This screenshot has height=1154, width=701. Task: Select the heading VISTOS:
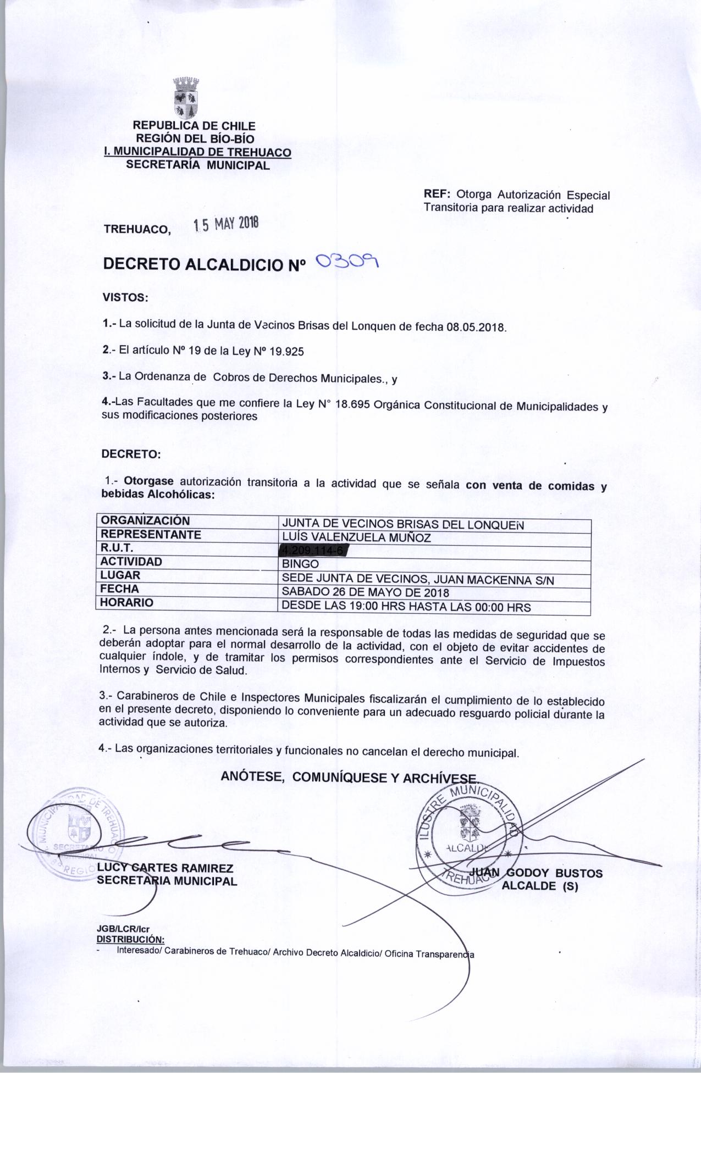click(125, 298)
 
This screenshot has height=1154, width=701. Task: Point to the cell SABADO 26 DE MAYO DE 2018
click(365, 592)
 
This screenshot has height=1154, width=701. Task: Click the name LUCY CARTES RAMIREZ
click(165, 868)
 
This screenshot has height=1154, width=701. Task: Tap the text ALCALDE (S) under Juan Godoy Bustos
click(540, 886)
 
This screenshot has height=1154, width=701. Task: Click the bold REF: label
click(437, 195)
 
